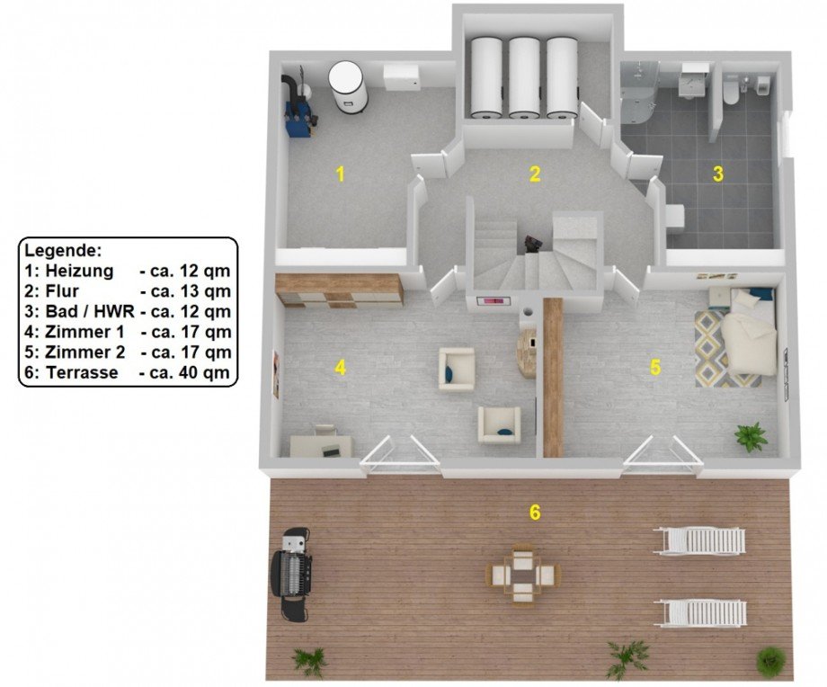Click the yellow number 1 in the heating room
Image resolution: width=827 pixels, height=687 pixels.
[340, 174]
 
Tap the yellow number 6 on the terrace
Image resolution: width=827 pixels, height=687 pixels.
[535, 512]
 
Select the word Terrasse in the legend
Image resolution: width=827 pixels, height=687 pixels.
[83, 372]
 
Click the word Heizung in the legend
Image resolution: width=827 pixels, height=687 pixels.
[79, 271]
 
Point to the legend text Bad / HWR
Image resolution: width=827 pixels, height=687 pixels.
[90, 311]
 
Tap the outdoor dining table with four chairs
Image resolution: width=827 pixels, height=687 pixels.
[522, 574]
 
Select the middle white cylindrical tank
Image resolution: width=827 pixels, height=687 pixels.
[524, 77]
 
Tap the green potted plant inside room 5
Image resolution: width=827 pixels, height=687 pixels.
[751, 436]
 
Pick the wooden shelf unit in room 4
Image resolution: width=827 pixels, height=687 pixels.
[339, 290]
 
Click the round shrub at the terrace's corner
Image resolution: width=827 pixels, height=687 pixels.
[771, 661]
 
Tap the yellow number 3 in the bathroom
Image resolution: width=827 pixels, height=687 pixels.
[718, 174]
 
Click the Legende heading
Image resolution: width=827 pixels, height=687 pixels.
[63, 250]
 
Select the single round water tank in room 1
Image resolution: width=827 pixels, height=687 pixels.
[347, 86]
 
